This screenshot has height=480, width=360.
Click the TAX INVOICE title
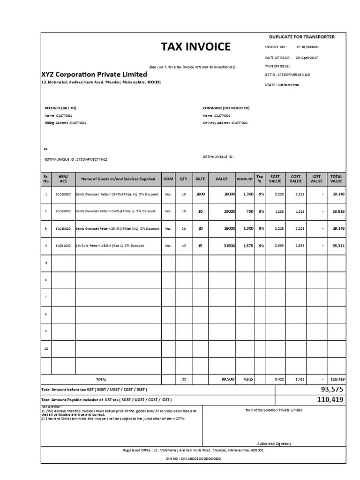[x=196, y=46]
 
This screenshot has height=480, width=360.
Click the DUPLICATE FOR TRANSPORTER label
[x=301, y=36]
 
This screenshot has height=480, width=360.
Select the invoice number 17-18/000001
[x=307, y=47]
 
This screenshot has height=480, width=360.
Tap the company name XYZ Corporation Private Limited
[x=94, y=74]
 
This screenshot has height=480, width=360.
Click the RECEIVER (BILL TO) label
[x=60, y=107]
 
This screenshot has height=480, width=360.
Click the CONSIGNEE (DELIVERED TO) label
[x=226, y=107]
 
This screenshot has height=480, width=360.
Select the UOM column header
[x=168, y=179]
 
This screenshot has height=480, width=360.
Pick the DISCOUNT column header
[x=245, y=179]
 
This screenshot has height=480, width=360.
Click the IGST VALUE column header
[x=316, y=179]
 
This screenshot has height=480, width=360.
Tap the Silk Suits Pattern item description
[x=110, y=246]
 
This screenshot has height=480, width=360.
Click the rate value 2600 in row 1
[x=200, y=194]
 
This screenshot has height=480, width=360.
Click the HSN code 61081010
[x=64, y=246]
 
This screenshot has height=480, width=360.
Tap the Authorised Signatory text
[x=274, y=443]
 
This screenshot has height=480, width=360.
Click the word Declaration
[x=51, y=406]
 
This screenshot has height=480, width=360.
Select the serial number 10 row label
[x=46, y=349]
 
